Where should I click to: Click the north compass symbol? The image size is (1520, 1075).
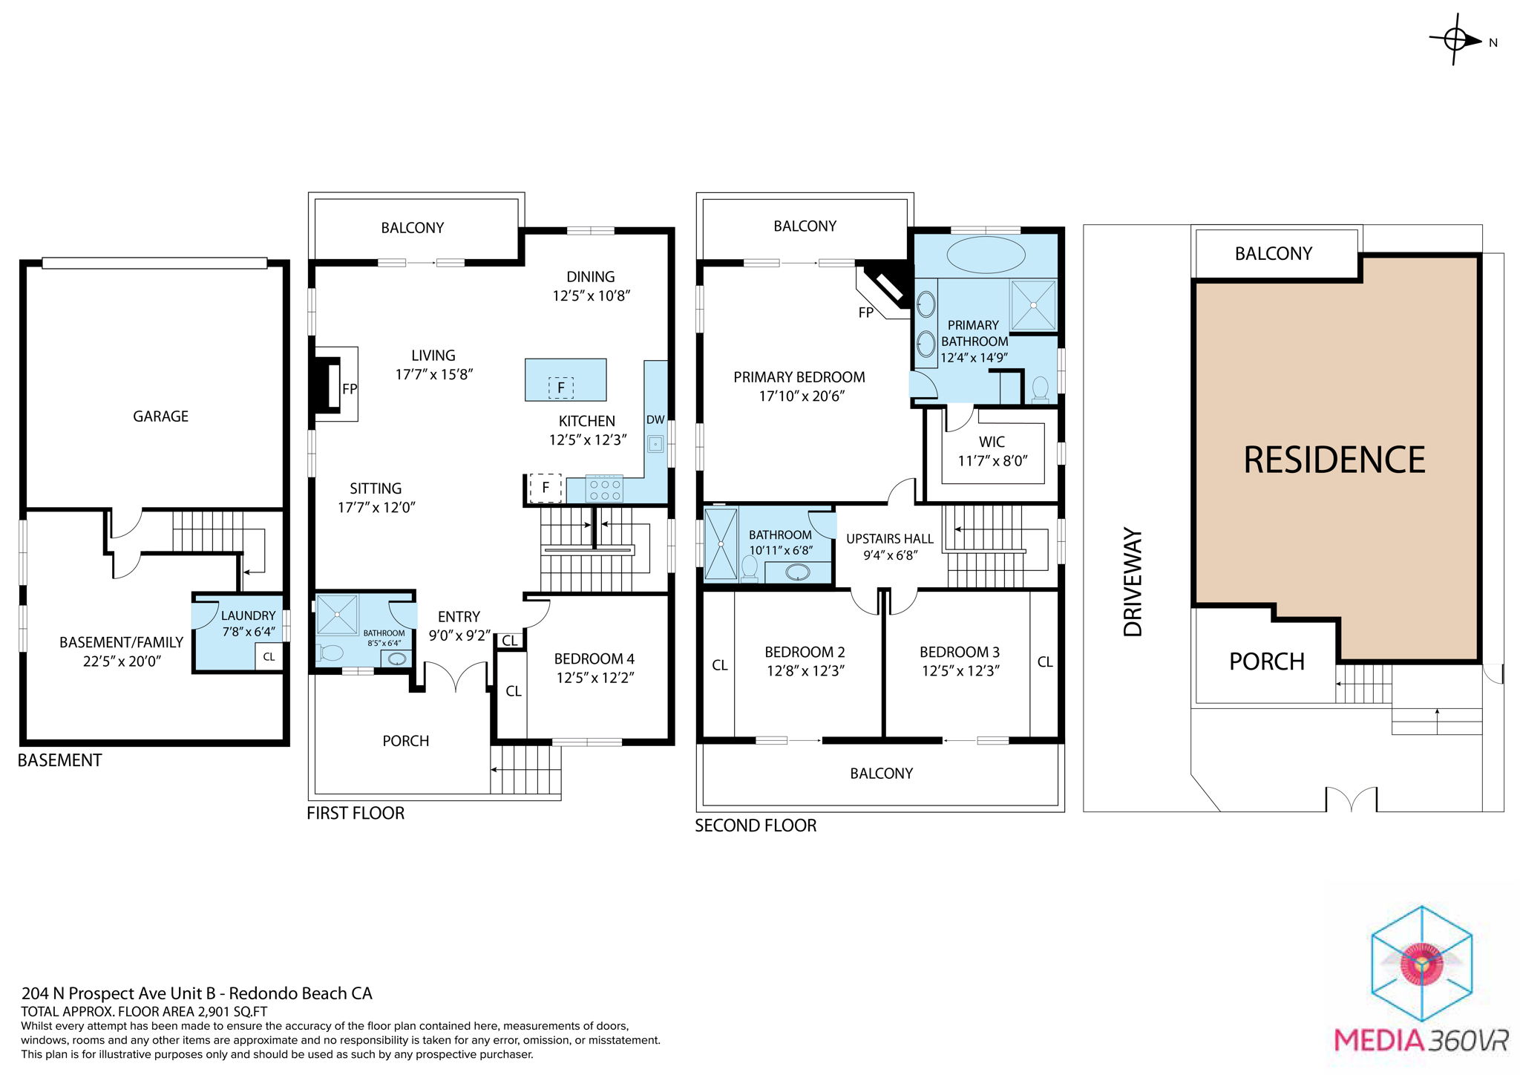1456,39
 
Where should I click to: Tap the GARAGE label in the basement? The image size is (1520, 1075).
160,416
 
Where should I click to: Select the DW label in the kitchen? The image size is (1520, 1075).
655,419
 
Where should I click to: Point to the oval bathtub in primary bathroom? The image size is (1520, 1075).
986,255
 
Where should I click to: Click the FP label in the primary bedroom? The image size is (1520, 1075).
865,313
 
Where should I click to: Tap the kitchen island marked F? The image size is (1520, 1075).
566,380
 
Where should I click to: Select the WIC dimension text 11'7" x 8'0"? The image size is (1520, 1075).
992,461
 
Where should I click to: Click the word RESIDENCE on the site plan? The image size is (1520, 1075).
1334,460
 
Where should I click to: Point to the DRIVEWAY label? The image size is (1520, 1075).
1133,582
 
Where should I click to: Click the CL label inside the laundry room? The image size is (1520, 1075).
269,657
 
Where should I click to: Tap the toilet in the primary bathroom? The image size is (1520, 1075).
1040,388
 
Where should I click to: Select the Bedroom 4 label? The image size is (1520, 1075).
594,659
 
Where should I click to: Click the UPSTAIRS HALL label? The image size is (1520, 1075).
889,539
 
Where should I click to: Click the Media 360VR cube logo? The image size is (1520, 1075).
1421,964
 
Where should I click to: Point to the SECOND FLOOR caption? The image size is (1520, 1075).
755,826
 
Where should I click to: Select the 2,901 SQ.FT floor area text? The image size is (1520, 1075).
232,1011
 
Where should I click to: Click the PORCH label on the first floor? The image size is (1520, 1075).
405,741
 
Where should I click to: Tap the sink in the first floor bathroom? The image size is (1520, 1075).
397,659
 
